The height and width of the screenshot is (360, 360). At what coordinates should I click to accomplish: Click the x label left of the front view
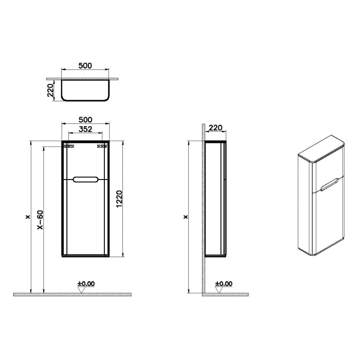point(26,217)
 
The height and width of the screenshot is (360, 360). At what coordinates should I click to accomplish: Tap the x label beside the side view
point(186,217)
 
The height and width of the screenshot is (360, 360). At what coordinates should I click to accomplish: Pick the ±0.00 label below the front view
point(86,283)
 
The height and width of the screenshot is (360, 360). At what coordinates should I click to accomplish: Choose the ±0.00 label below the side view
point(224,283)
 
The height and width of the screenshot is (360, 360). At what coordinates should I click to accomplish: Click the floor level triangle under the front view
point(80,290)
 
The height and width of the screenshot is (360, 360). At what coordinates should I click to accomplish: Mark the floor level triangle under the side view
point(218,290)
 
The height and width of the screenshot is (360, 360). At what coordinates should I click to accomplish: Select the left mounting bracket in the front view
point(66,147)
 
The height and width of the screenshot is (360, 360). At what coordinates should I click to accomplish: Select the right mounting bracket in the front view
point(102,147)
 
